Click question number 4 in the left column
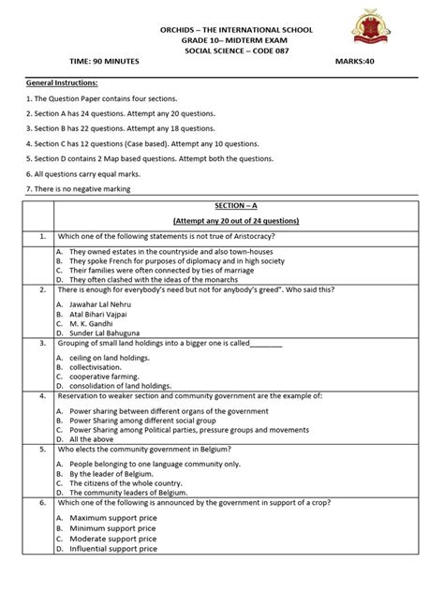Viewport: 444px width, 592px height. pos(42,397)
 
